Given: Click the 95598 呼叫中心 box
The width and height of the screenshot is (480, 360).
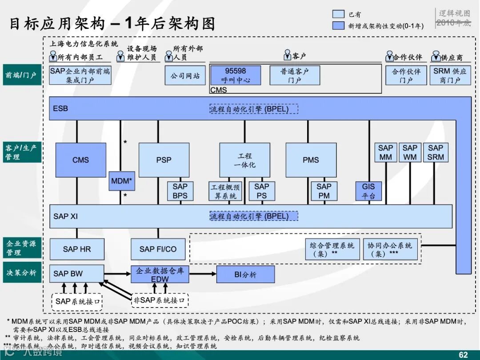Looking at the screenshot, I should [236, 75].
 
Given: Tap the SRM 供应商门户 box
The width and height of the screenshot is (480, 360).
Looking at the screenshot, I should [450, 75].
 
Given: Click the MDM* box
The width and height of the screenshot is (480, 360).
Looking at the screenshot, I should [122, 181].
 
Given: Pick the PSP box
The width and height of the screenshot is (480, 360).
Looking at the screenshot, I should [164, 160].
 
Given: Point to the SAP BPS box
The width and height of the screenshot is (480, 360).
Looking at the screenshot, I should [180, 191].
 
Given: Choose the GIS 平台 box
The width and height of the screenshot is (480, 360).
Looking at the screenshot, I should [368, 191].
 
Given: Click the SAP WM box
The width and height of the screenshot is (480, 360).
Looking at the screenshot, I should [410, 152].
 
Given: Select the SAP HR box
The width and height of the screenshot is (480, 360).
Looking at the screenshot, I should [76, 249].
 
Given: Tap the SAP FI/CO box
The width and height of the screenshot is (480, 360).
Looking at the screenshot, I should [158, 249].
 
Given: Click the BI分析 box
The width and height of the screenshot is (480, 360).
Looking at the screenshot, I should [245, 274].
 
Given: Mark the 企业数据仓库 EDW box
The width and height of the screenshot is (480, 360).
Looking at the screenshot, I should [160, 274].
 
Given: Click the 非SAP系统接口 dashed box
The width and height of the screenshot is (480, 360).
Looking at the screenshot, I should [160, 300].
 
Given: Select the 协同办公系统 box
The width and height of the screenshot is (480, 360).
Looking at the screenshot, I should [390, 249].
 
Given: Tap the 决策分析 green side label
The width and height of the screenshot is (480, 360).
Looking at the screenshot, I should [21, 272].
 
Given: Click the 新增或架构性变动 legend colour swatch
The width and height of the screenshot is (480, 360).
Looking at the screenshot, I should [339, 25].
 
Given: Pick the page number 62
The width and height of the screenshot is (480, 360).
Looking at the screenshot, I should [463, 355].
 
